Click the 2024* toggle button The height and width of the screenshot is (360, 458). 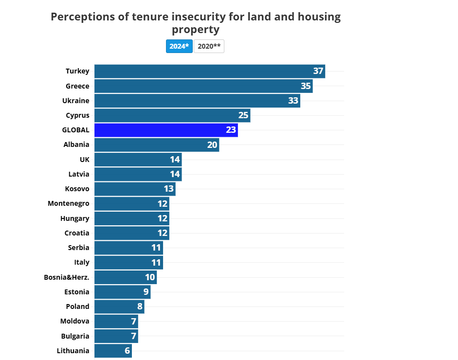click(179, 46)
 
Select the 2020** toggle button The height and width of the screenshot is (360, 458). click(209, 46)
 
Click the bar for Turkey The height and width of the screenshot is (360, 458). click(209, 71)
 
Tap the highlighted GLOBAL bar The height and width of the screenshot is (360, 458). click(165, 130)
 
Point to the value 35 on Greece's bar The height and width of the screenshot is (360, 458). click(306, 86)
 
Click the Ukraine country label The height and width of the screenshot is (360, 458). click(75, 101)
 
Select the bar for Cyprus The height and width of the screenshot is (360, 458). click(172, 115)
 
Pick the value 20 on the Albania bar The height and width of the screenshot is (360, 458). click(212, 145)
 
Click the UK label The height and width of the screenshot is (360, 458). click(84, 160)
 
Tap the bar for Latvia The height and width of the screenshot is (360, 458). click(138, 174)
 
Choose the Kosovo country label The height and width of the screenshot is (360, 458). click(77, 189)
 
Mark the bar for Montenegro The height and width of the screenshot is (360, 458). click(131, 203)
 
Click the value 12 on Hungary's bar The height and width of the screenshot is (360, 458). click(163, 218)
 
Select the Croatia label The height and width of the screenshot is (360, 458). click(77, 233)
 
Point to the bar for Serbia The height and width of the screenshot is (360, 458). click(128, 248)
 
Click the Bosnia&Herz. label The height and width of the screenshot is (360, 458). click(67, 277)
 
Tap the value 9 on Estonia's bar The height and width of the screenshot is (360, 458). click(146, 292)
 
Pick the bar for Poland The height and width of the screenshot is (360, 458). click(119, 306)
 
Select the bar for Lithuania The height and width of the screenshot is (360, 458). click(113, 350)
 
